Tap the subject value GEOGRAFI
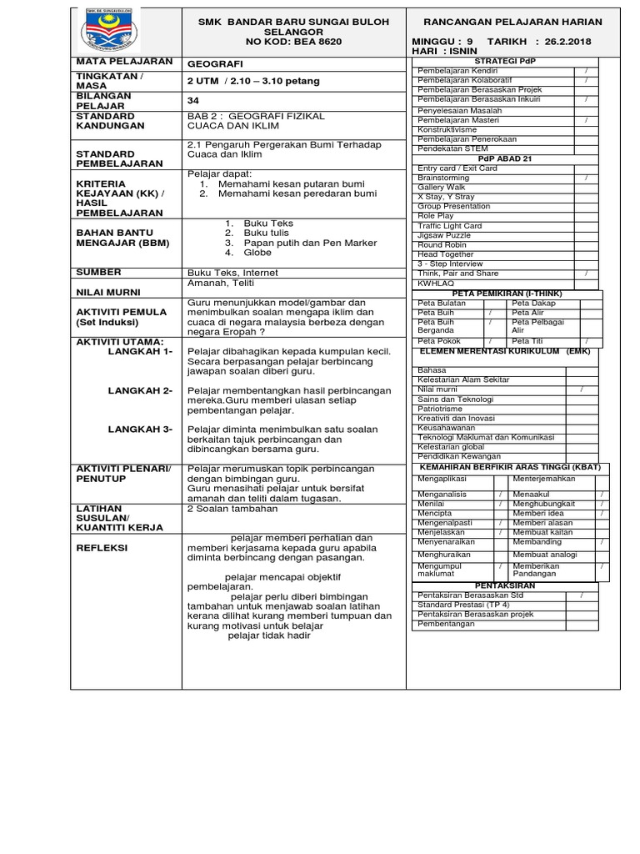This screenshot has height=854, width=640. pyautogui.click(x=216, y=63)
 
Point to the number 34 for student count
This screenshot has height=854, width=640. pyautogui.click(x=194, y=100)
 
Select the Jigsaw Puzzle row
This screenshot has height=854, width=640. pyautogui.click(x=444, y=235)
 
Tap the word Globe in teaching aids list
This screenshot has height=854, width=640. pyautogui.click(x=257, y=252)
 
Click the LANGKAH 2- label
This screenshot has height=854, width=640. pyautogui.click(x=140, y=390)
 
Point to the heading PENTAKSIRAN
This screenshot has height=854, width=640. pyautogui.click(x=505, y=585)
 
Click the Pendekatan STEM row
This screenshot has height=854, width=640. pyautogui.click(x=454, y=148)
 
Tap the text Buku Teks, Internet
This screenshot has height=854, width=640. pyautogui.click(x=232, y=273)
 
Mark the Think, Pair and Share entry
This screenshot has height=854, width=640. pyautogui.click(x=457, y=274)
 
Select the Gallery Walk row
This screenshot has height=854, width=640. pyautogui.click(x=442, y=188)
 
